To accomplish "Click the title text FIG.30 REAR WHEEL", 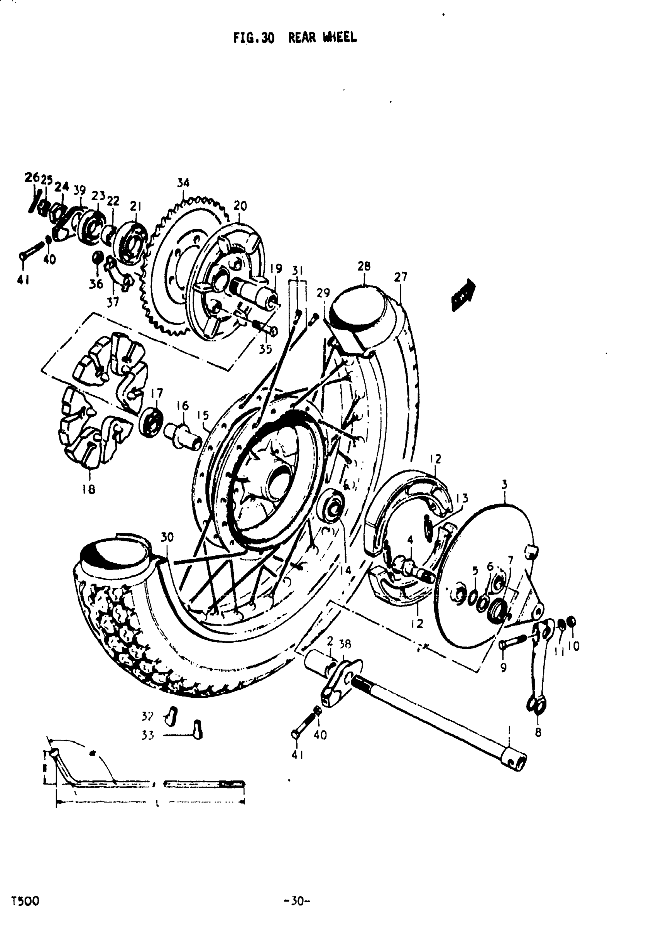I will (x=295, y=38).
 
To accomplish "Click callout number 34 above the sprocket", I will (x=183, y=183).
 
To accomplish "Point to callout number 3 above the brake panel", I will (x=504, y=484).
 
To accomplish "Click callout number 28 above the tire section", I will (x=364, y=266).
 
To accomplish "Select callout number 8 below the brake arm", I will (x=538, y=733).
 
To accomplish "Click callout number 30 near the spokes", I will (x=167, y=537).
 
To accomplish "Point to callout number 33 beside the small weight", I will (x=148, y=735).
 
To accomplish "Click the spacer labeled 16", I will (x=183, y=436).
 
